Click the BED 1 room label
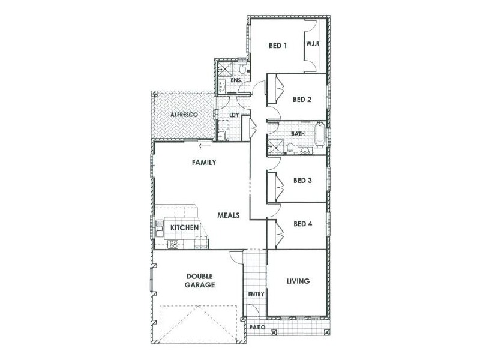point(278,46)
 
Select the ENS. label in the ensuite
point(236,79)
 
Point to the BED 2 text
point(302,100)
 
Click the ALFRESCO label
point(183,114)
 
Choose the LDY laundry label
point(235,116)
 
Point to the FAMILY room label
point(204,162)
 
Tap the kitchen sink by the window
point(160,228)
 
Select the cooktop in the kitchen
point(173,244)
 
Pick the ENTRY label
point(256,294)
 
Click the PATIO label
point(258,328)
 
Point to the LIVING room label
point(298,281)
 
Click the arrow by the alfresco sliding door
point(205,145)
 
